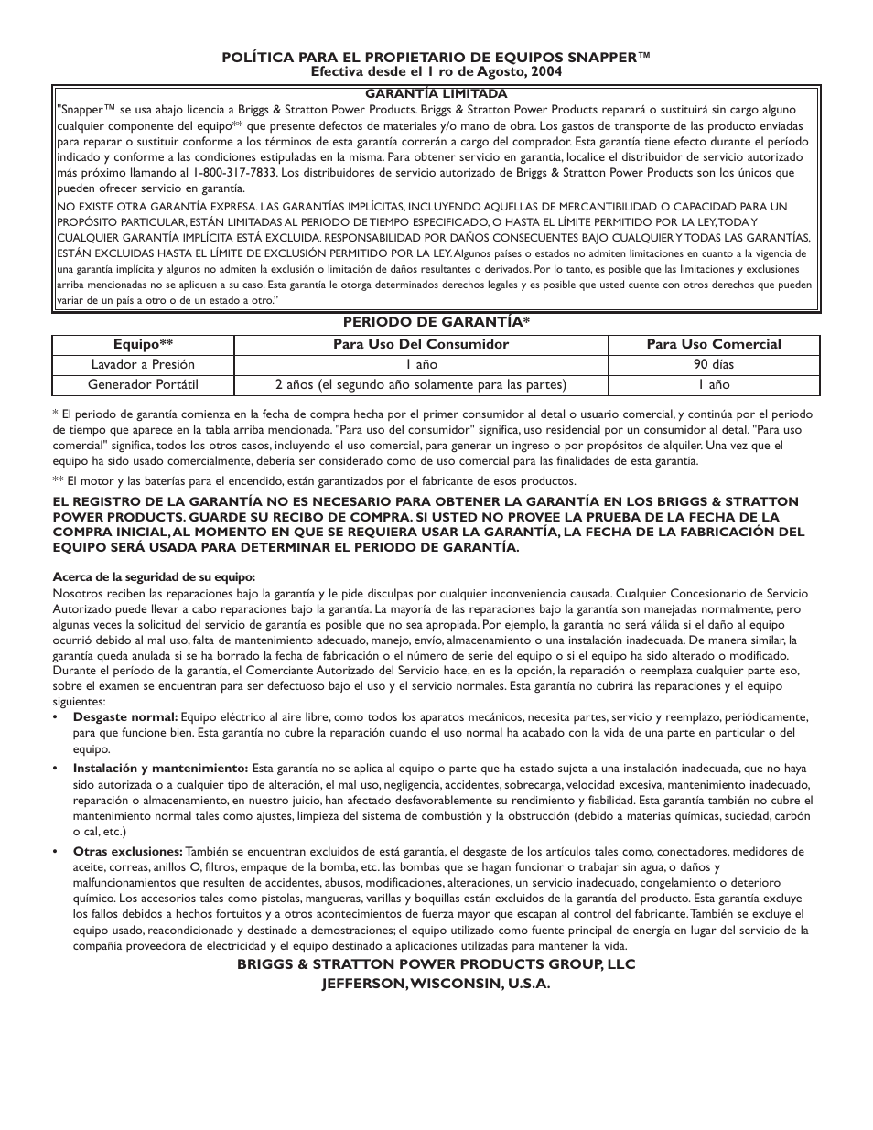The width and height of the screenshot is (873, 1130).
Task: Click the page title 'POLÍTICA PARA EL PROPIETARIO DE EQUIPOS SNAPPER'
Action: tap(436, 58)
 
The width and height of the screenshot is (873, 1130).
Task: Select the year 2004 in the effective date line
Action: tap(544, 70)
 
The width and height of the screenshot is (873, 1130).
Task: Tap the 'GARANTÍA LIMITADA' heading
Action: tap(436, 93)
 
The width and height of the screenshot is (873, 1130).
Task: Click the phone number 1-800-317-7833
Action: tap(234, 172)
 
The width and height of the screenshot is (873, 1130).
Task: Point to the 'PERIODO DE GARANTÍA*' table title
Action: tap(436, 321)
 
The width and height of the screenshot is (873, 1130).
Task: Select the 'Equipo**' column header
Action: tap(143, 344)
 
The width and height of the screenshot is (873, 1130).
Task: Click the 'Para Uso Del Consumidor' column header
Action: tap(421, 344)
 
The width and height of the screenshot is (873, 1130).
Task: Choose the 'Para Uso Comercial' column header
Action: tap(714, 344)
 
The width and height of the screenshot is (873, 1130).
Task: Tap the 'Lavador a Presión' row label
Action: tap(143, 364)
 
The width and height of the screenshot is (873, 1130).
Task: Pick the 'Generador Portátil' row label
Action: tap(143, 384)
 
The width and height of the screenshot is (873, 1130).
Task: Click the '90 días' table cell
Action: tap(714, 364)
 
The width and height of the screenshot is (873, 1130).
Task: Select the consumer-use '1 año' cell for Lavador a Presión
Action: tap(421, 364)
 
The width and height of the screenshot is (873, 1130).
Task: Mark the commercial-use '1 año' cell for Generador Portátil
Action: tap(714, 384)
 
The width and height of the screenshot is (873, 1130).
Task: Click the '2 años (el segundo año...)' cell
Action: tap(421, 384)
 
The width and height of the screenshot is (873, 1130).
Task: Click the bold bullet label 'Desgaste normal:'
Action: tap(125, 716)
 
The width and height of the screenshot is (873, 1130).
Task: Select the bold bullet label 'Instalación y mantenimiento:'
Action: tap(160, 768)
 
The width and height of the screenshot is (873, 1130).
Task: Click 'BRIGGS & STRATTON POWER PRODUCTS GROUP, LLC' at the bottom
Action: tap(436, 964)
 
